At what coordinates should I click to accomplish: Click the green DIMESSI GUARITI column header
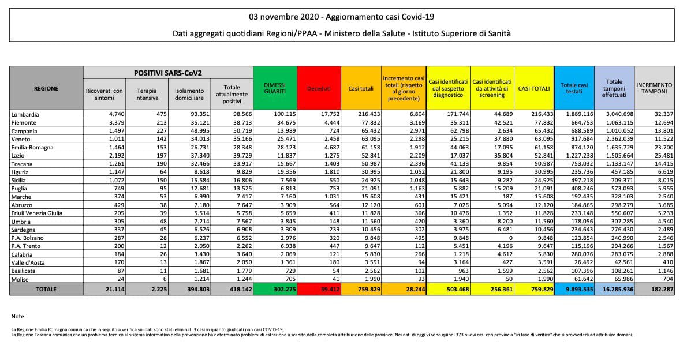(x=275, y=88)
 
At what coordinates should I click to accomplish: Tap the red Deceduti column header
(x=319, y=88)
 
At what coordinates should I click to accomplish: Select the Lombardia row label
(x=25, y=115)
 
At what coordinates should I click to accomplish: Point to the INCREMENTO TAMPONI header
(x=655, y=88)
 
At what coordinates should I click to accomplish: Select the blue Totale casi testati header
(x=574, y=88)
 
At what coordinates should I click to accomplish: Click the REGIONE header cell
(x=46, y=88)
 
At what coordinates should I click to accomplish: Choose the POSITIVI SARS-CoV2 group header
(x=167, y=73)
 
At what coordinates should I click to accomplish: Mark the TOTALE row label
(x=46, y=288)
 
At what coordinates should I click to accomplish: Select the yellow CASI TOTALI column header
(x=533, y=88)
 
